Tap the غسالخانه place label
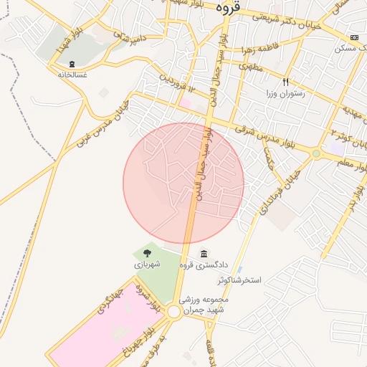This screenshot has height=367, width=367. tap(72, 75)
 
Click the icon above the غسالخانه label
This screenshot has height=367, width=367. tap(72, 64)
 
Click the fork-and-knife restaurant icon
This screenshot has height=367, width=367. tap(287, 82)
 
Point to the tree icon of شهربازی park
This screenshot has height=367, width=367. tap(147, 252)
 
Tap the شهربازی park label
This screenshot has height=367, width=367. tap(147, 264)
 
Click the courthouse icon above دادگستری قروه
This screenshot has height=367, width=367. tap(204, 254)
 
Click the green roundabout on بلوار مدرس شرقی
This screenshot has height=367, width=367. tap(315, 153)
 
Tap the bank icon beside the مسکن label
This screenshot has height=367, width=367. tap(354, 37)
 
